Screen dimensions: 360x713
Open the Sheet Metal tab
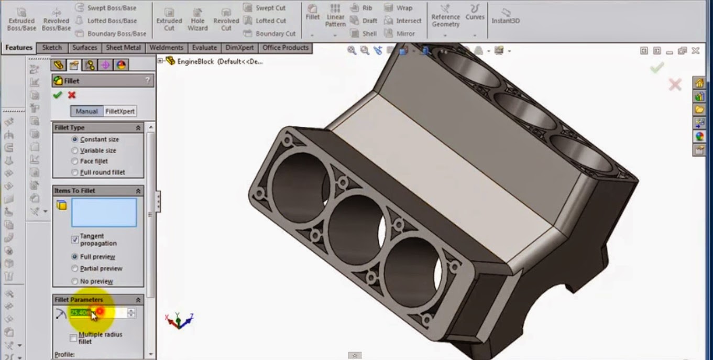coord(123,48)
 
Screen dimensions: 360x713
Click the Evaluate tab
coord(204,48)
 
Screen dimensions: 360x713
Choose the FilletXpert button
coord(120,111)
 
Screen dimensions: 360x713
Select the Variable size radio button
coord(75,150)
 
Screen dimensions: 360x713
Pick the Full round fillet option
coord(75,172)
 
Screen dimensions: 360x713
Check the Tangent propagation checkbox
coord(75,239)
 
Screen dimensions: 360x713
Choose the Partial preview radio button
coord(75,268)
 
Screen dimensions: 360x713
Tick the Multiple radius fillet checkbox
coord(73,338)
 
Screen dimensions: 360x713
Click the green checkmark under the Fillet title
coord(58,95)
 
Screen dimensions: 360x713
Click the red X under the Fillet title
coord(72,95)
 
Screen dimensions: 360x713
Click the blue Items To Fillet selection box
coord(104,212)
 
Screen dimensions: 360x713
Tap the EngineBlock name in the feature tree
coord(195,61)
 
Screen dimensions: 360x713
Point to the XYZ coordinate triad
coord(179,320)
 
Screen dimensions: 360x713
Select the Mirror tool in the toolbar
coord(400,34)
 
